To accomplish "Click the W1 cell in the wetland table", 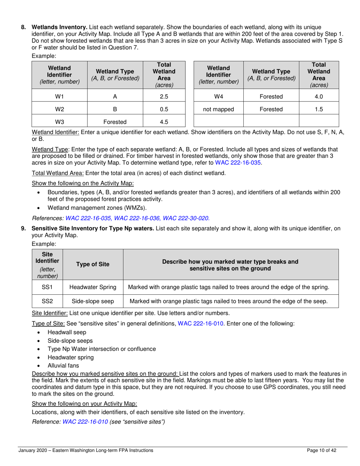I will (59, 97).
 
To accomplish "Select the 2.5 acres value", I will (164, 97).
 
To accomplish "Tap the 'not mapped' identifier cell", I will (218, 109).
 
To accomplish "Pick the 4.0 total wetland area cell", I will (319, 97).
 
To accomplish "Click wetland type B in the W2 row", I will (115, 109).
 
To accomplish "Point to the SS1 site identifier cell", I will (47, 287).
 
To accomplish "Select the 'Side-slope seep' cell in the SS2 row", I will (93, 301).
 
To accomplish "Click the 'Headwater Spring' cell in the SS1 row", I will (93, 287).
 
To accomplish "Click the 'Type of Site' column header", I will (93, 265).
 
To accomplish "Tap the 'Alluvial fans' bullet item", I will (63, 365).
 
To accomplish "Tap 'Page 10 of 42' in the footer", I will (322, 450).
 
